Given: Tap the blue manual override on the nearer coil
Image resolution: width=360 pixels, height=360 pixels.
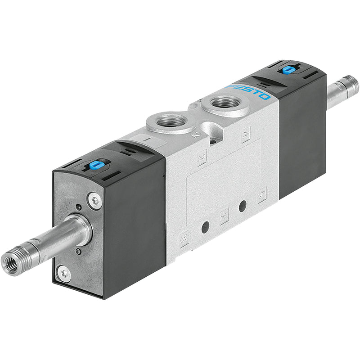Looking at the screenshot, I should click(x=94, y=165).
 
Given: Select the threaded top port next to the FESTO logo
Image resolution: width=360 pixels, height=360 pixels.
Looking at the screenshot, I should click(x=225, y=103).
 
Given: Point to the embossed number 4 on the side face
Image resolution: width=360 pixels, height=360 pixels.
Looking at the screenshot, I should click(x=246, y=135).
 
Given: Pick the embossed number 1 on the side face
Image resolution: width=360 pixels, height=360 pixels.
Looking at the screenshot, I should click(x=224, y=216).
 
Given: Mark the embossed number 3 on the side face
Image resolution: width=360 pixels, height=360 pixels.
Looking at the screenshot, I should click(x=183, y=237).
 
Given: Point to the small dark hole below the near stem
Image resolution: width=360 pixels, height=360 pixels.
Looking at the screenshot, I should click(x=78, y=252).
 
